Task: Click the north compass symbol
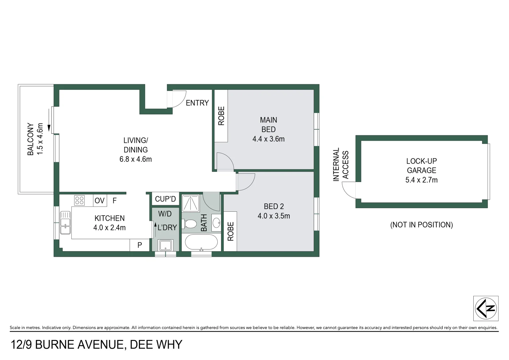click(486, 308)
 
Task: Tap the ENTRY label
click(197, 103)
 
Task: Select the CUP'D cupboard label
click(165, 199)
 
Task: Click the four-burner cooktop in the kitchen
click(79, 200)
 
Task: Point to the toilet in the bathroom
click(190, 224)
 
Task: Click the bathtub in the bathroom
click(201, 242)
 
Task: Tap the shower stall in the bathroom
click(191, 203)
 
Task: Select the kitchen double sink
click(65, 222)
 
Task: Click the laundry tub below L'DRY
click(165, 245)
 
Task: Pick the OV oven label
click(99, 201)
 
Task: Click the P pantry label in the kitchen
click(140, 245)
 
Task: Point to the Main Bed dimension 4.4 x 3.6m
click(268, 139)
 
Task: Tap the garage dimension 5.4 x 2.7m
click(421, 180)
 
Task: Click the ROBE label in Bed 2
click(230, 231)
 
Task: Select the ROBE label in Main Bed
click(221, 116)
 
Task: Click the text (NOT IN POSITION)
click(421, 225)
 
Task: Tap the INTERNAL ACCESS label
click(341, 165)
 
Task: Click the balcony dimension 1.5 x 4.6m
click(40, 139)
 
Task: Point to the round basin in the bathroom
click(216, 222)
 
